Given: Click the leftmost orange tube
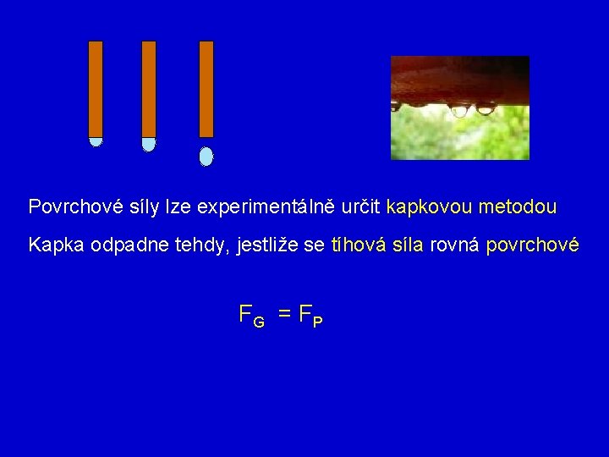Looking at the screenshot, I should pos(96,88).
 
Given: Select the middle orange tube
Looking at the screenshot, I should pos(149,88).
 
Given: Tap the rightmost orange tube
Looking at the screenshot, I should pos(206,88).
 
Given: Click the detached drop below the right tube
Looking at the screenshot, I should pos(206,157).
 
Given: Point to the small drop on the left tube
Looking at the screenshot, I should pos(96,141).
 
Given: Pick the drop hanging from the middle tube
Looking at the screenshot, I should pos(149,144).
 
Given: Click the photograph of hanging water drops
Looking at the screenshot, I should pos(459,107).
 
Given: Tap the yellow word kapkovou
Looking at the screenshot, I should pos(429,206).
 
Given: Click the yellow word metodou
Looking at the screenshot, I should pos(518,206).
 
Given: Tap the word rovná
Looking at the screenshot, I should pos(455,245).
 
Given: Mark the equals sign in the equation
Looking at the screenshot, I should pos(285,315).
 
